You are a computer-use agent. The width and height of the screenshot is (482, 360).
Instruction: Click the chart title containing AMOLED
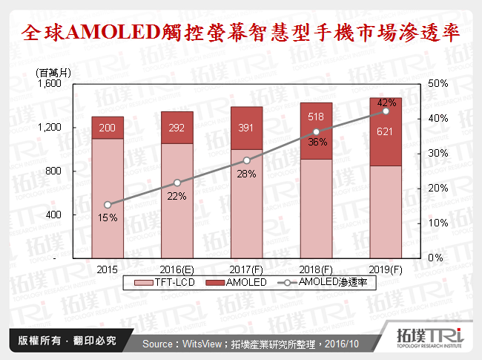click(241, 32)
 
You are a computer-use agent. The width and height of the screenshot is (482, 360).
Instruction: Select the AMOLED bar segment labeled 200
click(108, 128)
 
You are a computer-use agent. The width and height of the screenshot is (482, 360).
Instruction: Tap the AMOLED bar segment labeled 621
click(386, 131)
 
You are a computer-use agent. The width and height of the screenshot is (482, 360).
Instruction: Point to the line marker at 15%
click(108, 205)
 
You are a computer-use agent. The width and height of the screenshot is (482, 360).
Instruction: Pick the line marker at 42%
click(386, 111)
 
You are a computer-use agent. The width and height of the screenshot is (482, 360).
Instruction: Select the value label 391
click(246, 128)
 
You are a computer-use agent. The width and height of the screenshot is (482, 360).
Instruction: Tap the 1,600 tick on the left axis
click(51, 84)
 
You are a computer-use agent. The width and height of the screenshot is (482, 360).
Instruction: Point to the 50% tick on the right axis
click(438, 84)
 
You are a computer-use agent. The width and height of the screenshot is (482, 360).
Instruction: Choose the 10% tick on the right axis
click(438, 223)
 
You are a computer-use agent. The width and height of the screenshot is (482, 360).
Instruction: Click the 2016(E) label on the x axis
click(177, 269)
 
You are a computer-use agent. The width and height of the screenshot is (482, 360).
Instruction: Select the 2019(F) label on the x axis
click(386, 269)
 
